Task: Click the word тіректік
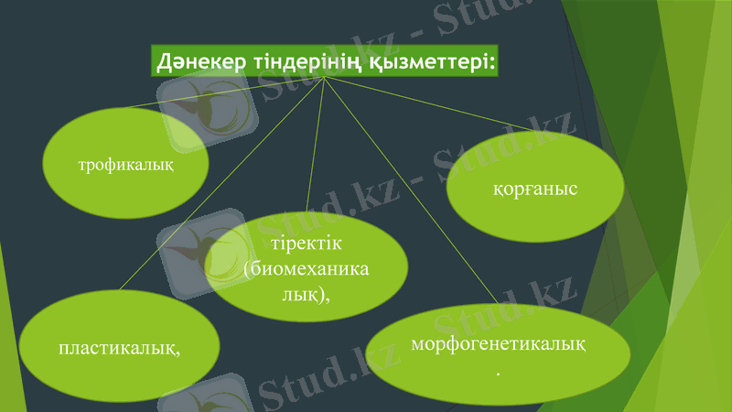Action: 307,244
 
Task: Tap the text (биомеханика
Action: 307,269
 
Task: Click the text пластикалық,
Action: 119,349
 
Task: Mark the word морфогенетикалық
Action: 499,343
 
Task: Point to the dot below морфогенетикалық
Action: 498,374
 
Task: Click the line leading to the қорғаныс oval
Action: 430,103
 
